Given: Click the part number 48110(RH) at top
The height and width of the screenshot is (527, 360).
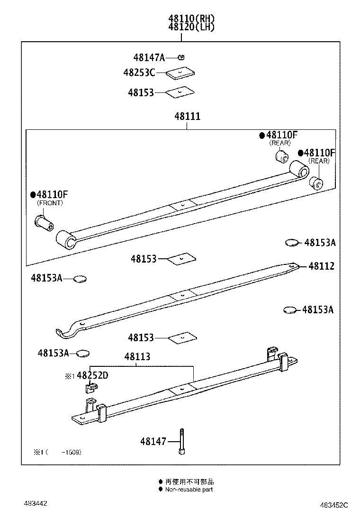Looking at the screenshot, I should coord(191,18).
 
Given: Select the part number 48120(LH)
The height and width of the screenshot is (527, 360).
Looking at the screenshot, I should coord(191,27).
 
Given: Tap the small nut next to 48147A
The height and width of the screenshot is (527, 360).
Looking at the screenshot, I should coord(181,57).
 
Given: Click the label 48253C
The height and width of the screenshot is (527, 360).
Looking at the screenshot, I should coord(139,73).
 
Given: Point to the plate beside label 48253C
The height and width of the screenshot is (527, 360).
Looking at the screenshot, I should coord(181,73).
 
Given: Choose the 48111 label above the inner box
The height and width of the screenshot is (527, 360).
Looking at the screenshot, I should coord(187,116).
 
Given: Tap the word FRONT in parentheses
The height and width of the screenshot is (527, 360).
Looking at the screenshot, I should coord(50,203).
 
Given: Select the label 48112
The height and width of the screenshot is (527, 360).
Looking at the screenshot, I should coord(321,266).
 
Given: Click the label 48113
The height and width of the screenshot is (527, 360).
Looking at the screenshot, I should coord(137,357).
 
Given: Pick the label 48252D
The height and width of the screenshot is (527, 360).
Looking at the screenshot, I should coord(92,376).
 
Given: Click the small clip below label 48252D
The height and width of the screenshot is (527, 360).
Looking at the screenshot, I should coord(90,388).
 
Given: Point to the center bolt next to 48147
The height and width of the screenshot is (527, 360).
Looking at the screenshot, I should coord(181,441).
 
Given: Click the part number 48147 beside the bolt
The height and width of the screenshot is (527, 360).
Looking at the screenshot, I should coord(153,441).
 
